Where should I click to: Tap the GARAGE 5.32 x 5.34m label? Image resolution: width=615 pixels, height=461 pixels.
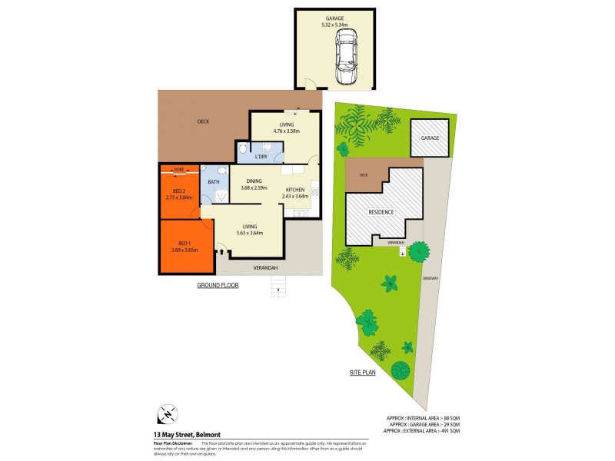tap(334, 22)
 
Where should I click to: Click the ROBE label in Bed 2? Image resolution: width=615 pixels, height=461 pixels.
tap(178, 168)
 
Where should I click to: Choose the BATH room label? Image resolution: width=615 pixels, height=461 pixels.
tap(214, 182)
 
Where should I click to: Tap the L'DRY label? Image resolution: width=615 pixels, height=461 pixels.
tap(261, 157)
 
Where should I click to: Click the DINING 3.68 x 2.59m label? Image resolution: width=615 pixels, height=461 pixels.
tap(254, 185)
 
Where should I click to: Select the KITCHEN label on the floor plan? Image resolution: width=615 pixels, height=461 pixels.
tap(296, 193)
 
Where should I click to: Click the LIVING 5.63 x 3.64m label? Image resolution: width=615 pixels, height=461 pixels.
tap(249, 229)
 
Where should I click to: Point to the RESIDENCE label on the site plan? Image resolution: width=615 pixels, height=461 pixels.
tap(381, 212)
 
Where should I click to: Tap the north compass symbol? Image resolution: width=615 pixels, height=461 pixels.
tap(166, 414)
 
